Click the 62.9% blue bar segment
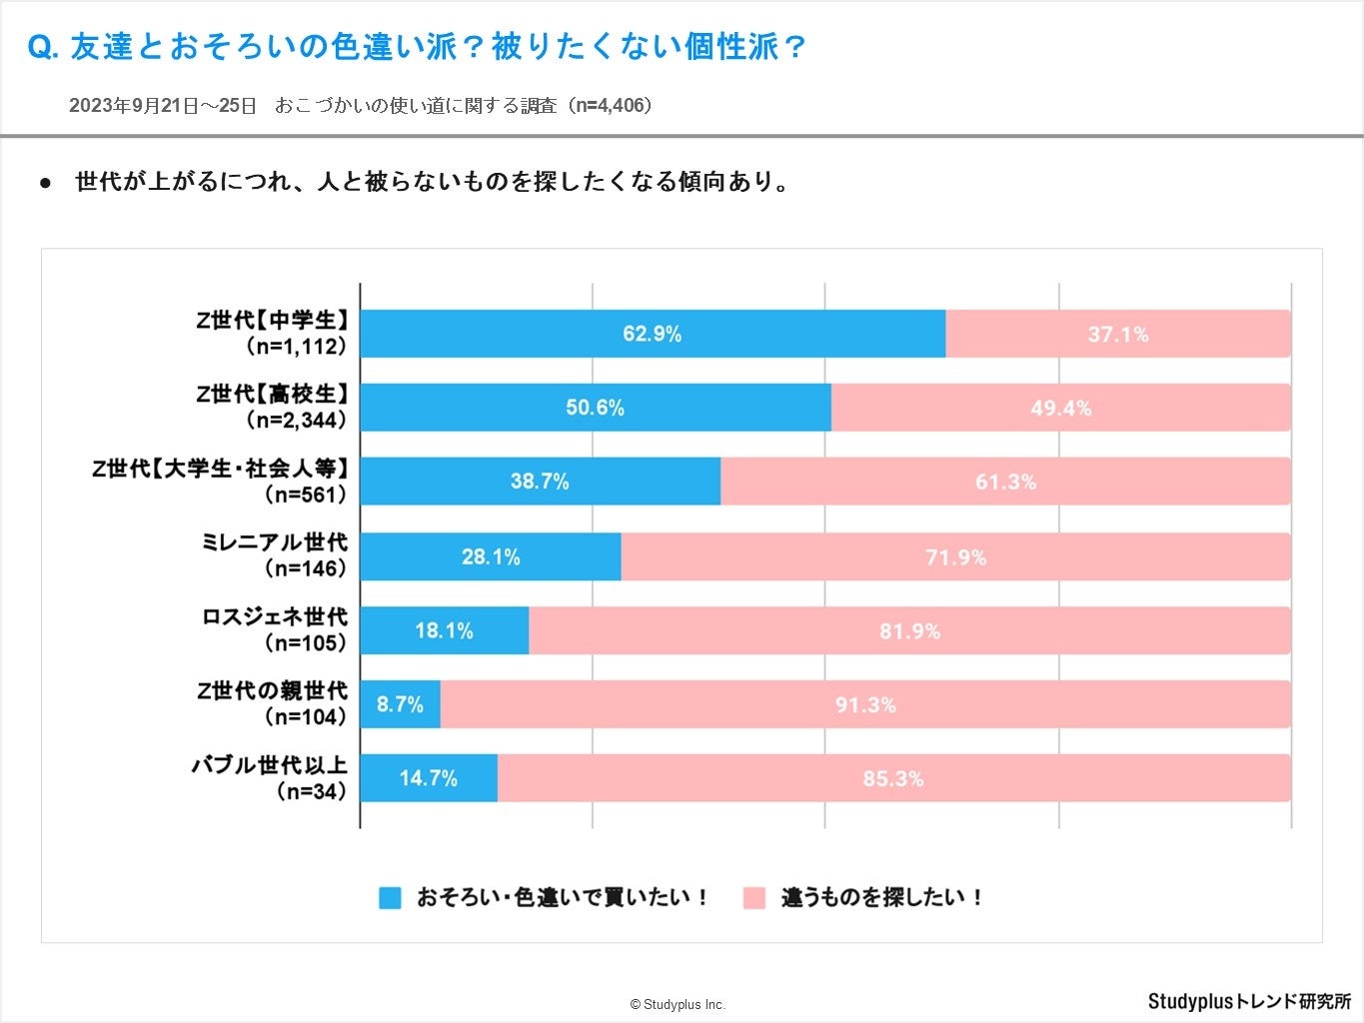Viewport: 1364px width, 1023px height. [x=653, y=334]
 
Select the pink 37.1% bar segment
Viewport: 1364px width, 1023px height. [x=1118, y=334]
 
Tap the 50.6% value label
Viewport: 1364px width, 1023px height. [x=596, y=408]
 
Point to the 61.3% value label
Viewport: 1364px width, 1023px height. [x=1005, y=482]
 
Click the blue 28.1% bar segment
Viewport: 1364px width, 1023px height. [x=491, y=556]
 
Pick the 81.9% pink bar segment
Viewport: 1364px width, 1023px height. [x=909, y=630]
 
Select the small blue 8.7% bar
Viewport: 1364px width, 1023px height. [x=400, y=704]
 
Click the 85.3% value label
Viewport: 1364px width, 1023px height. [x=893, y=778]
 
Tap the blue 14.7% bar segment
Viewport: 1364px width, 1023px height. [x=429, y=778]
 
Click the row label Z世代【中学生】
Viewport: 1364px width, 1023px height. [x=272, y=320]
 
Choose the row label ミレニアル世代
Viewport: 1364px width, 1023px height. [x=274, y=542]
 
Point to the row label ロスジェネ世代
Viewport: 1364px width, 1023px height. [x=275, y=616]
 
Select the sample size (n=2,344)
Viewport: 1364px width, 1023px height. [x=296, y=420]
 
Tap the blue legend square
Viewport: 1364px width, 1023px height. [x=390, y=897]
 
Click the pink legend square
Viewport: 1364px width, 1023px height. [x=754, y=897]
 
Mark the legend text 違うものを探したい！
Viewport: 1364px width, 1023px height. [x=882, y=897]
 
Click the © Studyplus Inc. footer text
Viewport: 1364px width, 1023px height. [x=678, y=1004]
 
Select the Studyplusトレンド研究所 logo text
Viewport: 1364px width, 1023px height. [x=1249, y=1001]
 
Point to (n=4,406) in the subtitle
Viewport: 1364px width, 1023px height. [x=610, y=105]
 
